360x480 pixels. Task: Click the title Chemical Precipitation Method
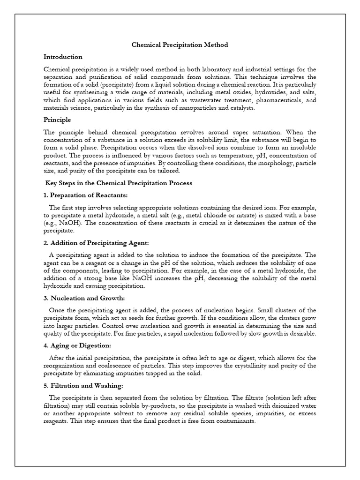point(180,45)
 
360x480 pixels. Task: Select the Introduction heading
point(63,57)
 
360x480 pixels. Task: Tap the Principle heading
point(57,120)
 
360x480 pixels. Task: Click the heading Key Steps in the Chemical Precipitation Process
point(119,183)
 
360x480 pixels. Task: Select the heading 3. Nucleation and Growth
point(84,298)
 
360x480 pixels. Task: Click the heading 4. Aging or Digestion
point(77,345)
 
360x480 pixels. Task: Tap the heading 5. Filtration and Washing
point(83,386)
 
